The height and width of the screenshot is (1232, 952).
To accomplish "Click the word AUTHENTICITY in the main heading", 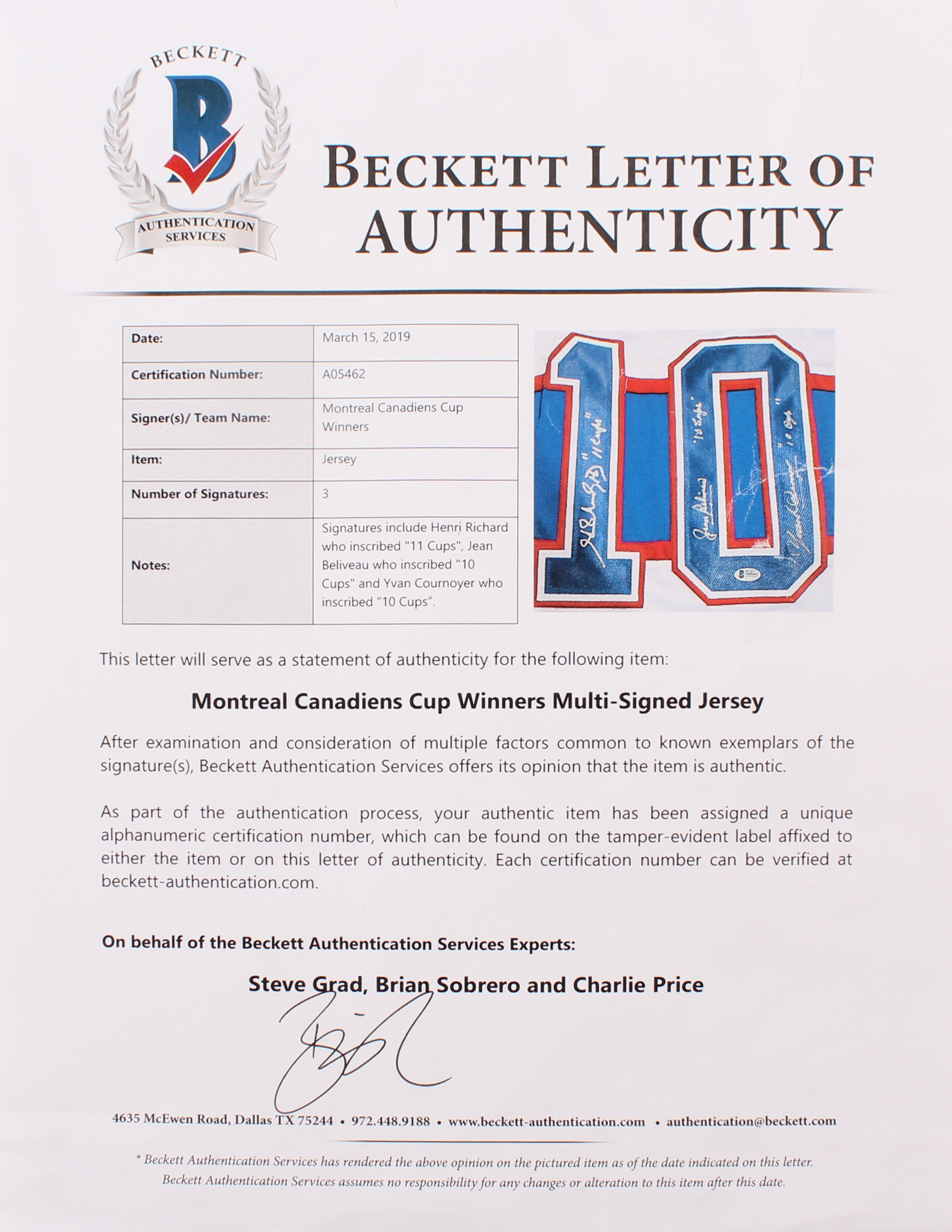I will pos(601,230).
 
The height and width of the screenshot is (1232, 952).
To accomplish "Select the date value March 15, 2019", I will pos(366,337).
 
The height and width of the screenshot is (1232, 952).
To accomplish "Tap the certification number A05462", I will pos(344,374).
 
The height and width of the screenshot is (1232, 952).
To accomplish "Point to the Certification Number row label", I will pos(197,374).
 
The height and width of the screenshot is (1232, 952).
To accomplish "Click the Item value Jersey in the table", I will pos(339,459).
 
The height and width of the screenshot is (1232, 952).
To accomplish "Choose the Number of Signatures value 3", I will pos(325,494).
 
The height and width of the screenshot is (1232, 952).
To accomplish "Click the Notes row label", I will pos(150,565).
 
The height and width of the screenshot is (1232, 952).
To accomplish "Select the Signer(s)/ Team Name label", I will pos(200,417).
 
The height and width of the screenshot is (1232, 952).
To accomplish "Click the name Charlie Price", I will pos(637,985).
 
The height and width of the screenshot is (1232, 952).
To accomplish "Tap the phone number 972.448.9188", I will pos(390,1121).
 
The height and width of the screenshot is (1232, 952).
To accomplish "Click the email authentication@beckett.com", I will pos(751,1121).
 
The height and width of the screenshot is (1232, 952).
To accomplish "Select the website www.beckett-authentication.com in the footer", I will pos(546,1121).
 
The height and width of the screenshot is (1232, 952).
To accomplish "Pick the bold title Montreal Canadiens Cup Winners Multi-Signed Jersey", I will pos(477,701).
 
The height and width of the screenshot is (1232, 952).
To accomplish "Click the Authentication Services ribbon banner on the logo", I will pos(196,230).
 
